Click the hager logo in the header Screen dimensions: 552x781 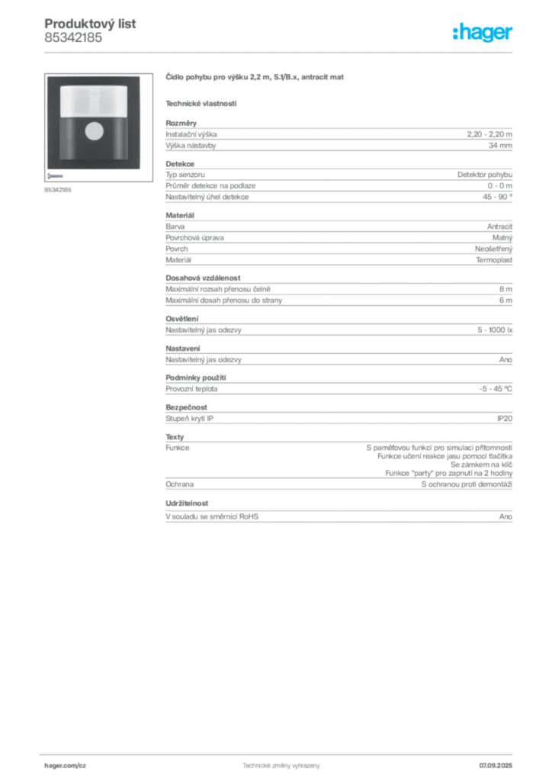pyautogui.click(x=483, y=32)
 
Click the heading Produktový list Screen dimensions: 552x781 pyautogui.click(x=90, y=24)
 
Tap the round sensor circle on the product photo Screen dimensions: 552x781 pyautogui.click(x=94, y=131)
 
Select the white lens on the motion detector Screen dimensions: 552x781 pyautogui.click(x=94, y=101)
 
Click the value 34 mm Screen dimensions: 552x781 pyautogui.click(x=500, y=146)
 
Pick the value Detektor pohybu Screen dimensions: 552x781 pyautogui.click(x=485, y=175)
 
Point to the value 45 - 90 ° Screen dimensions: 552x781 pyautogui.click(x=497, y=197)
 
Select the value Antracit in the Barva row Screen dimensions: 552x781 pyautogui.click(x=499, y=227)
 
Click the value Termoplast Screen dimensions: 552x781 pyautogui.click(x=494, y=260)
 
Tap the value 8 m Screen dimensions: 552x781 pyautogui.click(x=505, y=289)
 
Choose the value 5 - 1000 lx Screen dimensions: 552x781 pyautogui.click(x=495, y=329)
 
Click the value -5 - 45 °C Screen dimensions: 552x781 pyautogui.click(x=496, y=389)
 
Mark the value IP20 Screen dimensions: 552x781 pyautogui.click(x=505, y=419)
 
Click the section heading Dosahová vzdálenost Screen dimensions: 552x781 pyautogui.click(x=203, y=278)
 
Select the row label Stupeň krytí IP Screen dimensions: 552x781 pyautogui.click(x=190, y=419)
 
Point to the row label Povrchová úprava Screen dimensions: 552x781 pyautogui.click(x=194, y=238)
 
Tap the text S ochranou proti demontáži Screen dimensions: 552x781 pyautogui.click(x=467, y=484)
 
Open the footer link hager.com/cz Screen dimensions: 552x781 pyautogui.click(x=66, y=766)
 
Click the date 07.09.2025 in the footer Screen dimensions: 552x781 pyautogui.click(x=496, y=766)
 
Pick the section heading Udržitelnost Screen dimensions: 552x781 pyautogui.click(x=187, y=503)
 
